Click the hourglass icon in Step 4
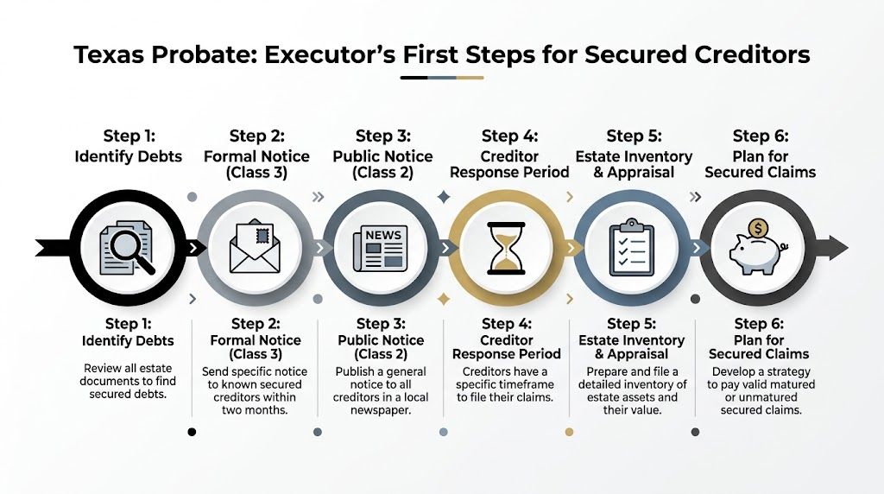(x=506, y=249)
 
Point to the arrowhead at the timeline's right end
(x=838, y=249)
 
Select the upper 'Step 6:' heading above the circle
(x=761, y=136)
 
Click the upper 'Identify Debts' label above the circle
(x=128, y=156)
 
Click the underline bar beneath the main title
(x=441, y=78)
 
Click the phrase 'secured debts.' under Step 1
(x=128, y=395)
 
